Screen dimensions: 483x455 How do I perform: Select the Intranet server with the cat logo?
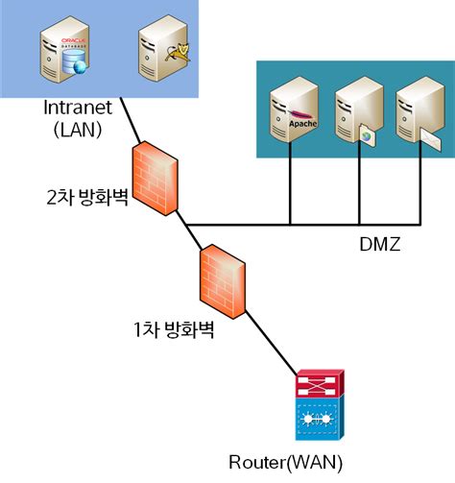coord(157,54)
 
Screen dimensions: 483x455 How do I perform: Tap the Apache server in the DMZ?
coord(291,113)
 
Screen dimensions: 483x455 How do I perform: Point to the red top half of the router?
coord(314,388)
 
